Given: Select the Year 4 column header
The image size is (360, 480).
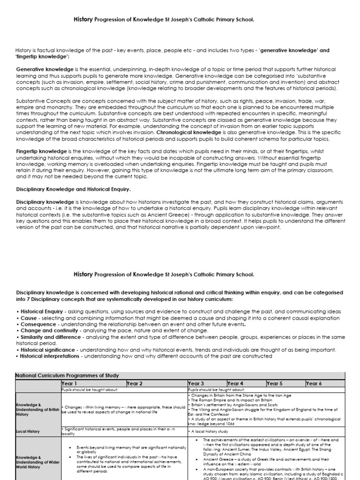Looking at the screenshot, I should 236,383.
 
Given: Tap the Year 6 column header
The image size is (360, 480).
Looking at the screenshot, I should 314,383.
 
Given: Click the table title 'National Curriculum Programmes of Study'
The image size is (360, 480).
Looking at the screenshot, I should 67,375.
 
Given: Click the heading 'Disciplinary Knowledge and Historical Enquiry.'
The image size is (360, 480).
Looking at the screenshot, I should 73,189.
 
